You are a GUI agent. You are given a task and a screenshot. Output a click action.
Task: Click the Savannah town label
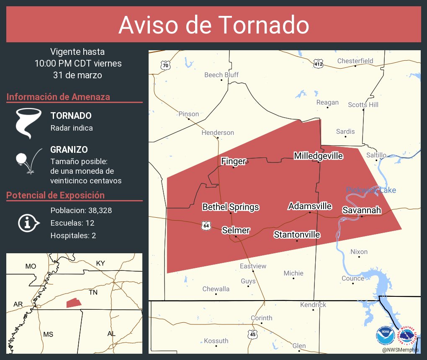362,210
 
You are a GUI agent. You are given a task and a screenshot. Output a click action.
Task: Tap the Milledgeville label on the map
318,156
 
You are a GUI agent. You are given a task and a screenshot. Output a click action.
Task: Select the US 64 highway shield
206,225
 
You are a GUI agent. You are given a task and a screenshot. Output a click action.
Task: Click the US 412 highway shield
318,64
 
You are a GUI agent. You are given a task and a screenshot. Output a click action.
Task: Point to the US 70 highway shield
166,65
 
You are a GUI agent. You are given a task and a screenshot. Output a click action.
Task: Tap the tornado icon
28,123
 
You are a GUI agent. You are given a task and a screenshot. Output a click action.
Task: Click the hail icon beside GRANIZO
28,161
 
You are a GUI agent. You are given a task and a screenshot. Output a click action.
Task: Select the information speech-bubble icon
28,223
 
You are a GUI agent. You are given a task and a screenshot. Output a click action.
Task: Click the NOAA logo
385,335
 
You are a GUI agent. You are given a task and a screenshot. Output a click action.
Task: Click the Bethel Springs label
230,207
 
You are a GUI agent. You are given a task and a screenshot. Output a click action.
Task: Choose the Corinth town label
261,318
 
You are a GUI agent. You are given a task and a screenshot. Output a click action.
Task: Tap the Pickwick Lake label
371,190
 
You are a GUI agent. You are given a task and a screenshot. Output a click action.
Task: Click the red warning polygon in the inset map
73,303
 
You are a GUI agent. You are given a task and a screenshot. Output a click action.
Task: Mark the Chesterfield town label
355,61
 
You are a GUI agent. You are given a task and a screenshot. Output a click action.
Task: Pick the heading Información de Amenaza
58,97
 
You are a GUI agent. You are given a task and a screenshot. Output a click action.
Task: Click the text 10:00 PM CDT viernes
78,64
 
